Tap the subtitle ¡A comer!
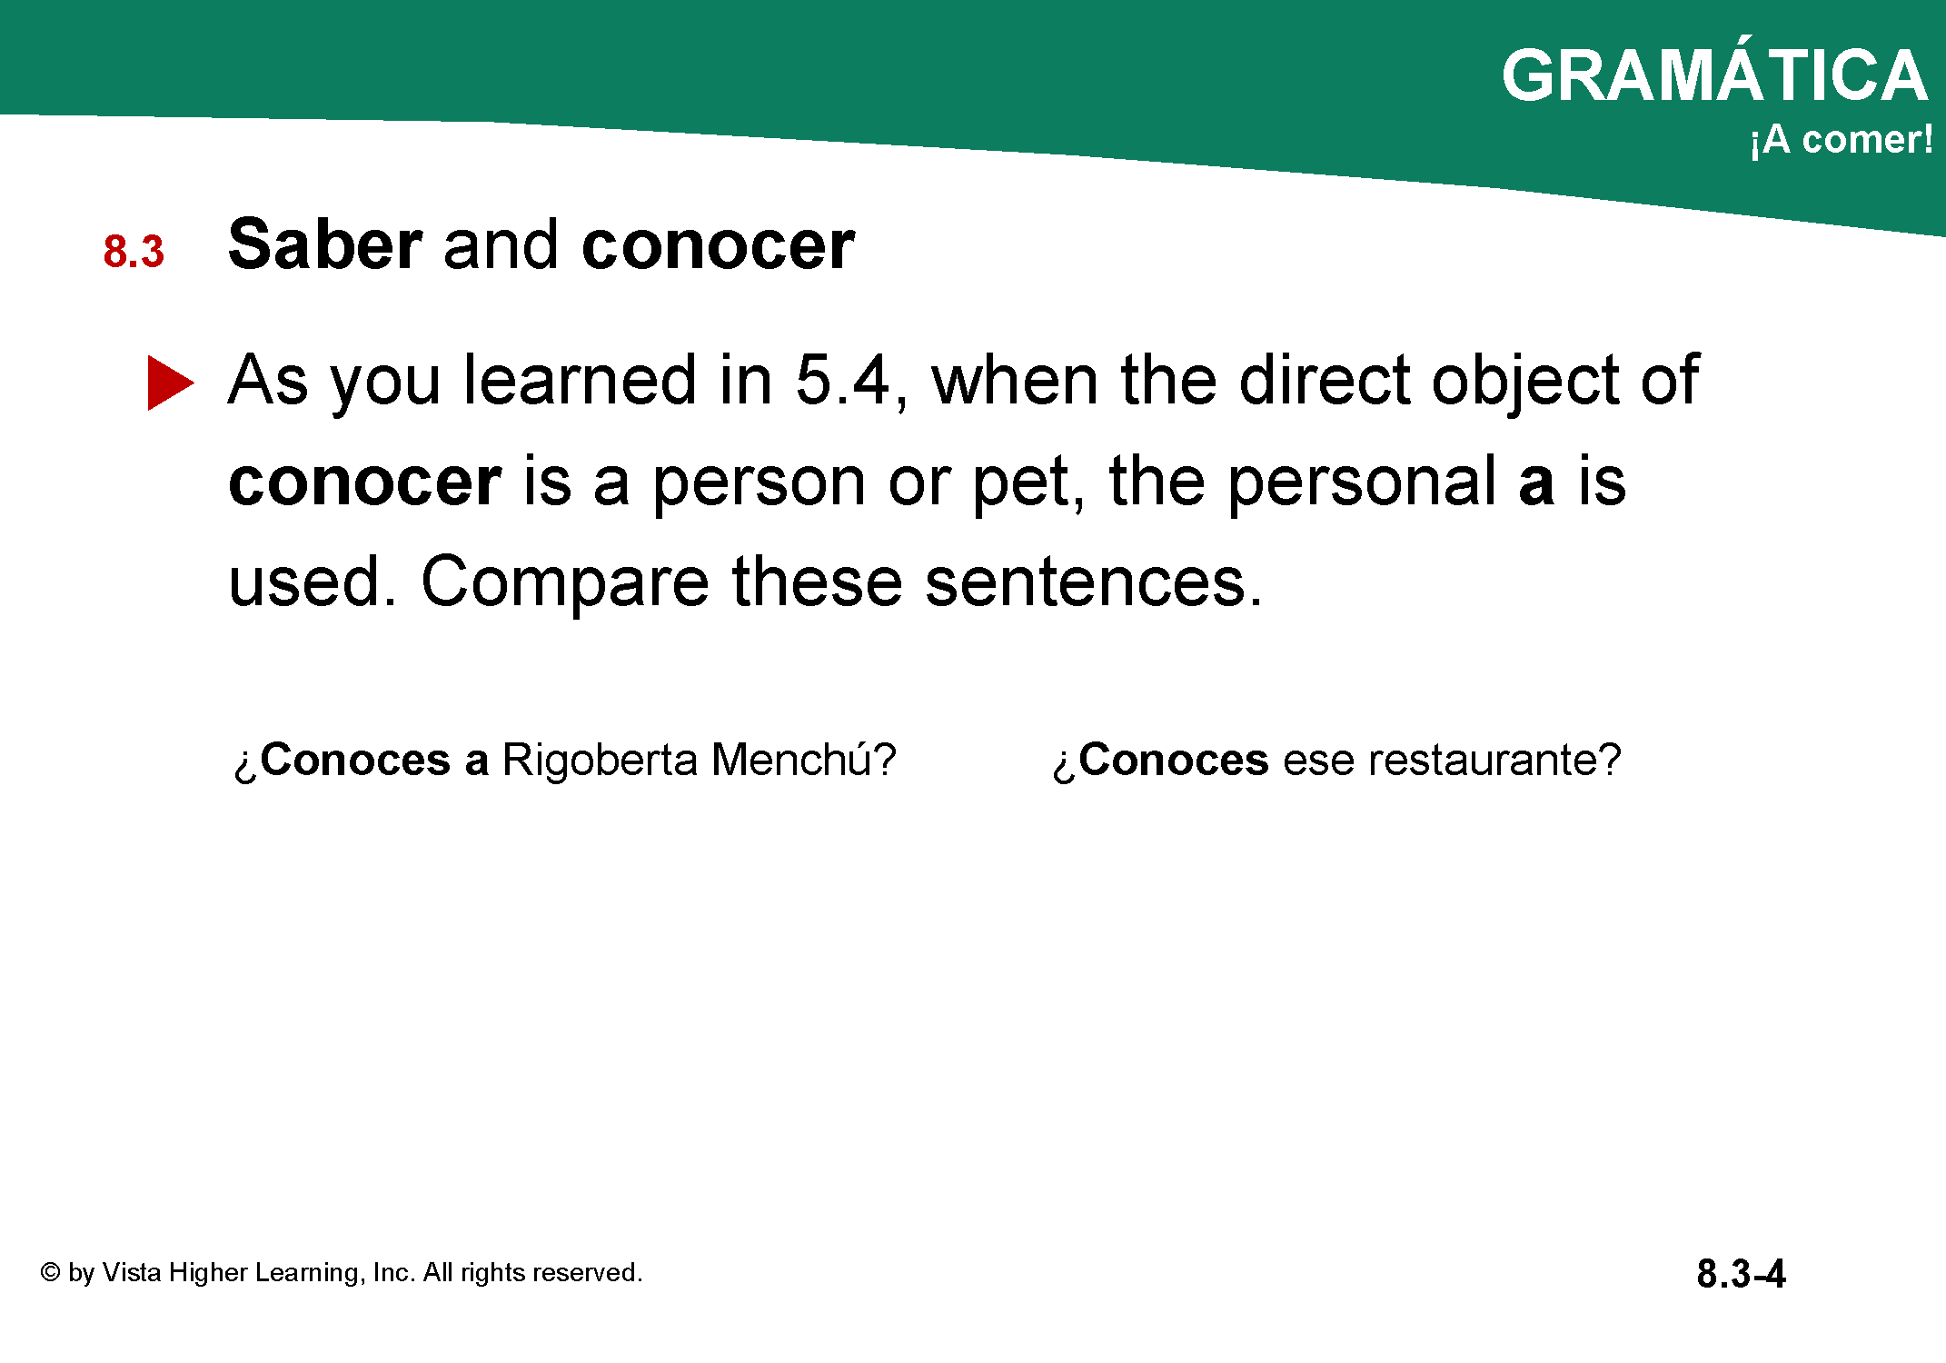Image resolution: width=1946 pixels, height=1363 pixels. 1841,139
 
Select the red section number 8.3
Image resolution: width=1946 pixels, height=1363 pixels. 134,252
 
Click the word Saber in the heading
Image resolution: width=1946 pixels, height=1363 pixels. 325,244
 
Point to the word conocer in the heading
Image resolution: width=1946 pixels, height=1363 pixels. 719,246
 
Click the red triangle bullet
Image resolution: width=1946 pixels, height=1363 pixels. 170,383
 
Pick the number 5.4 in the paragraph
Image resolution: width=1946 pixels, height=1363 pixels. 842,380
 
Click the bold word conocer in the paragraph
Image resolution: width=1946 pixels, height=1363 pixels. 364,483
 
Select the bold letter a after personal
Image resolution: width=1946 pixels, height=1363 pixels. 1536,483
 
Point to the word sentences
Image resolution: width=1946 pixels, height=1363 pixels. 1093,582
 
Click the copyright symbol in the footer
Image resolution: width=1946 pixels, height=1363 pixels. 51,1272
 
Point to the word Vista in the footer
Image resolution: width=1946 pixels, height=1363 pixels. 132,1272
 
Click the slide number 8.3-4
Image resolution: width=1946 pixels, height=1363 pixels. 1741,1274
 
